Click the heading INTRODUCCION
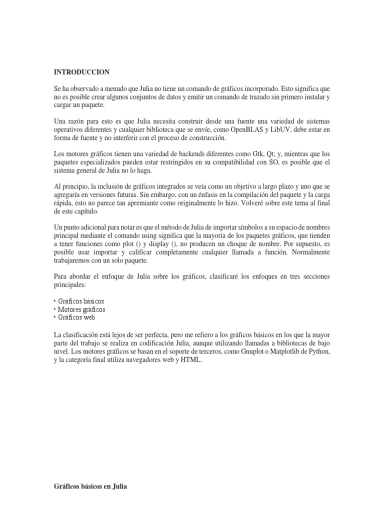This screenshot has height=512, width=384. tap(81, 72)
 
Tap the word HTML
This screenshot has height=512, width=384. tap(192, 360)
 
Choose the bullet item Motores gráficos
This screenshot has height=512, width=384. tap(81, 309)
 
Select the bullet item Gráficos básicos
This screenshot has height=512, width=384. tap(81, 301)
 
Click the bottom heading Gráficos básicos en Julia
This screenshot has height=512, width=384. tap(90, 485)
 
